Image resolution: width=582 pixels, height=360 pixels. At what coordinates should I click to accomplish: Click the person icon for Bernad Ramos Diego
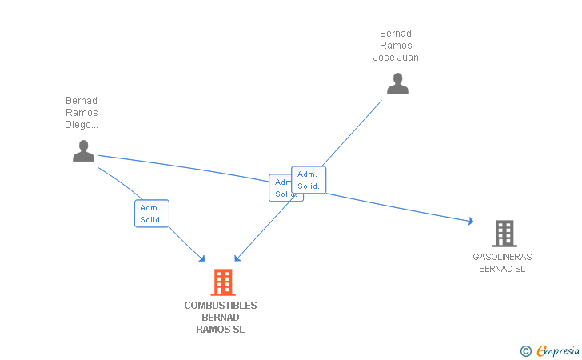point(83,150)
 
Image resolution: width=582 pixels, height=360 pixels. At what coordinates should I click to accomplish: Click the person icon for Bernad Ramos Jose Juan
point(397,83)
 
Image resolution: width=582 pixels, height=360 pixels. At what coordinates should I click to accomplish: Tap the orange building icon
point(222,282)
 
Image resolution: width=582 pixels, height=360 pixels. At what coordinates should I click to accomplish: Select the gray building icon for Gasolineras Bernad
point(504,233)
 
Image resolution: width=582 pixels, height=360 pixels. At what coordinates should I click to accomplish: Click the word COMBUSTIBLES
point(221,306)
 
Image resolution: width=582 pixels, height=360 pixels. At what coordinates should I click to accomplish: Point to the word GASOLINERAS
point(502,257)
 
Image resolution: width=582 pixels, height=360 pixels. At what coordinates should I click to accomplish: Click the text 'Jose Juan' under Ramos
point(396,58)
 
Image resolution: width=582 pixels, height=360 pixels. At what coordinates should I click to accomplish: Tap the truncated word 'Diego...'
point(82,125)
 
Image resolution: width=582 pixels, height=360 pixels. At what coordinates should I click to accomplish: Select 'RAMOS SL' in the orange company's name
point(221,330)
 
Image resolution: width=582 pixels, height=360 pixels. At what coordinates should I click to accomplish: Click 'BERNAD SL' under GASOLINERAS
point(502,269)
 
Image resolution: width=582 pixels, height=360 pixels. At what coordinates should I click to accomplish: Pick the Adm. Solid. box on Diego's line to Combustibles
point(151,214)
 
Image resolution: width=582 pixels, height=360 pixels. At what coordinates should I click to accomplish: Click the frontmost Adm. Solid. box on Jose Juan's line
point(309,180)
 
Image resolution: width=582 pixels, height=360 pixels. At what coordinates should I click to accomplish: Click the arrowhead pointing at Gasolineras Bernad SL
point(471,221)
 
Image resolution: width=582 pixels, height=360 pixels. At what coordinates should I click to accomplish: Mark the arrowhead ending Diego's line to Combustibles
point(202,258)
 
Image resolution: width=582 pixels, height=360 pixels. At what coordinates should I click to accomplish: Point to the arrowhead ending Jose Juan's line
point(237,258)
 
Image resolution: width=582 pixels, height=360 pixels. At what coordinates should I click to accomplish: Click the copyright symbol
point(525,350)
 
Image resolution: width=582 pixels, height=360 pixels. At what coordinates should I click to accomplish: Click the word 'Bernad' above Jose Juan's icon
point(396,34)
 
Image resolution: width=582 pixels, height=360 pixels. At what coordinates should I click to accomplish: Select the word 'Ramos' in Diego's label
point(82,113)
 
